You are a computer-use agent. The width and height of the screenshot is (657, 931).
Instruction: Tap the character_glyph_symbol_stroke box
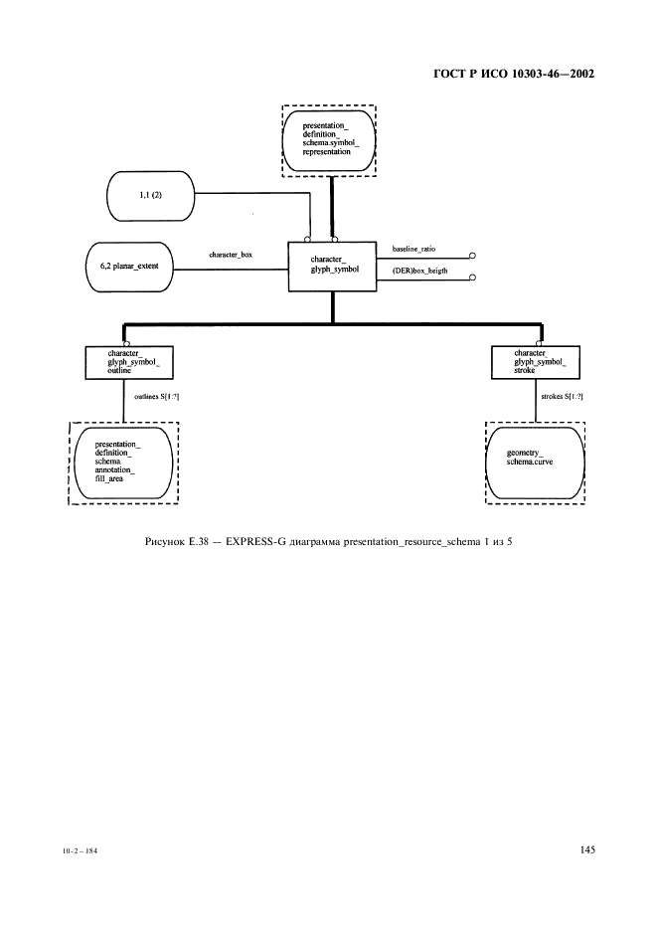tap(535, 362)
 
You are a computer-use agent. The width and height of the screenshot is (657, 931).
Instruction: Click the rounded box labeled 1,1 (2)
tap(150, 196)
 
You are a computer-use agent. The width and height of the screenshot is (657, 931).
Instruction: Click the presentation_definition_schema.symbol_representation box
tap(329, 140)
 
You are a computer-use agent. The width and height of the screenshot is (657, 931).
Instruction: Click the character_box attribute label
tap(230, 256)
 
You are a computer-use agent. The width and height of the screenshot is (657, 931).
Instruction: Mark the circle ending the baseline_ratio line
tap(474, 255)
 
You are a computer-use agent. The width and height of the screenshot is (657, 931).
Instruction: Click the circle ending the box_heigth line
tap(474, 279)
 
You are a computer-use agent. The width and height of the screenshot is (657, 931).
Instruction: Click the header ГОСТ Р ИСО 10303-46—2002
tap(516, 74)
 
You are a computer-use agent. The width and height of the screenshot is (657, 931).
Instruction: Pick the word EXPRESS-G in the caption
tap(253, 540)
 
